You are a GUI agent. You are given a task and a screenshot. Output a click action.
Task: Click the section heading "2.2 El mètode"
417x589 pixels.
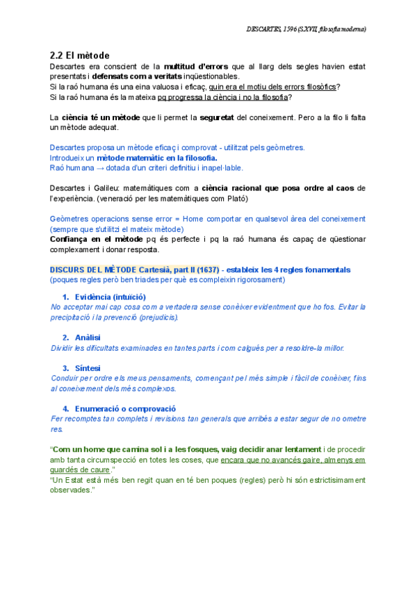tap(80, 55)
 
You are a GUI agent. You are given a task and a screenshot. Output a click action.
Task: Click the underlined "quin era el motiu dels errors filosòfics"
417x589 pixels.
tap(279, 86)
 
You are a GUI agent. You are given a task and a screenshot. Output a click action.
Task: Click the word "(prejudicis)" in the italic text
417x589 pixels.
tap(157, 317)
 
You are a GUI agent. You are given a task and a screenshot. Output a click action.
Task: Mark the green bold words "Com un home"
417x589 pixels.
tap(81, 449)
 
